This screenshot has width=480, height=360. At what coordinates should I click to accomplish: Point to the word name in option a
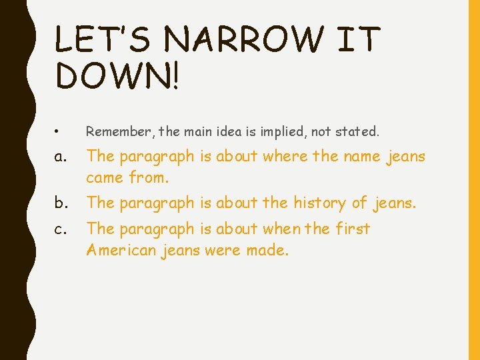tap(363, 157)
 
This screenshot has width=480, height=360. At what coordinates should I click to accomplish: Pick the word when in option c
tap(283, 229)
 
